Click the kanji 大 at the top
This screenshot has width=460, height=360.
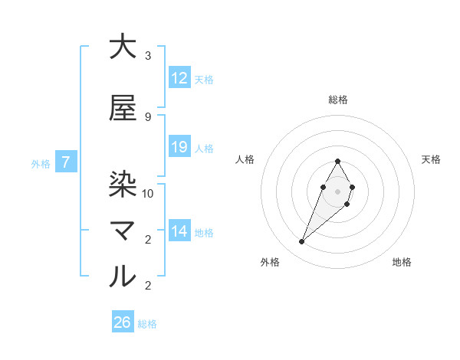123,47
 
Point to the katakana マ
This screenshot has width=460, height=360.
123,230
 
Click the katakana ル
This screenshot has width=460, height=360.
123,277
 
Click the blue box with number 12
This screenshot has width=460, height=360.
179,78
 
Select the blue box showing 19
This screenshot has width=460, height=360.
179,147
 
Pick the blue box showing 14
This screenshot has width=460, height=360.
179,231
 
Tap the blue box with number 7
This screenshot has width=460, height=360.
67,162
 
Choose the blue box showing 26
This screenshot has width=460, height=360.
123,322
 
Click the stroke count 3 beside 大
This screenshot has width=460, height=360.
148,56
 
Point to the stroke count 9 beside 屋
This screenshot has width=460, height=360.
148,116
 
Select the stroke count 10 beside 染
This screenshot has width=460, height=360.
148,193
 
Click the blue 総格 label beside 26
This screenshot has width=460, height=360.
147,324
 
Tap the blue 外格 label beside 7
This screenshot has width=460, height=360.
41,163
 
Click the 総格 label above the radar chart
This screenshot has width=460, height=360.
338,100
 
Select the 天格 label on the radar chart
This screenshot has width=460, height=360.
432,159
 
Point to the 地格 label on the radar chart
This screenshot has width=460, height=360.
402,262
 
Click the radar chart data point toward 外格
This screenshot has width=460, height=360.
302,242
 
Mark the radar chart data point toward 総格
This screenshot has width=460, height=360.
338,161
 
